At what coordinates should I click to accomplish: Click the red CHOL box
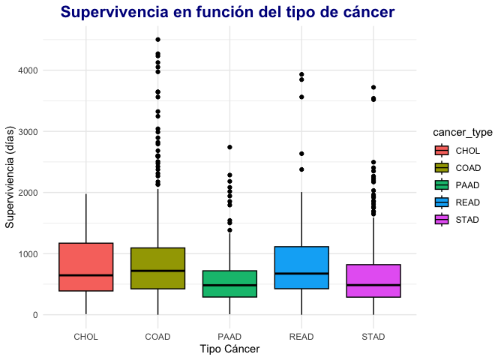85,267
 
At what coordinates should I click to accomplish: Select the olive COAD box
157,268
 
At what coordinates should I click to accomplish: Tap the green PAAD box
229,283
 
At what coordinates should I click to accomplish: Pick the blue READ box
301,268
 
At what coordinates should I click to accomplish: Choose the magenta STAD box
373,280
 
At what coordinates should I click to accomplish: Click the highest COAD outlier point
157,40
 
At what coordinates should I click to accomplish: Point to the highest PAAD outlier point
229,147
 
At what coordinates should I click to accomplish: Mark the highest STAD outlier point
373,88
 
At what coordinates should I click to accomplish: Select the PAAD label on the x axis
229,337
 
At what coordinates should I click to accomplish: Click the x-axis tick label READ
301,337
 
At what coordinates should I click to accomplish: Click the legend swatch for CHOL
442,150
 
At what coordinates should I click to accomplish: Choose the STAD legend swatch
442,219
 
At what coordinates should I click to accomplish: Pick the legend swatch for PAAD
442,184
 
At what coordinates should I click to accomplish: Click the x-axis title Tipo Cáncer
229,349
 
